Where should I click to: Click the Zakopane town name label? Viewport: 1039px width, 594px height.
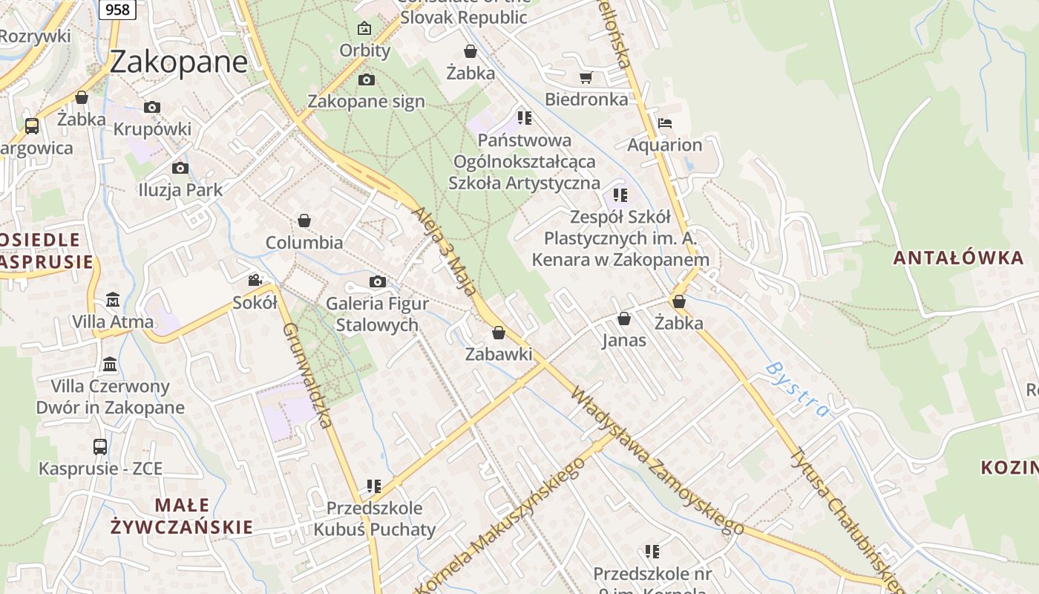coord(178,62)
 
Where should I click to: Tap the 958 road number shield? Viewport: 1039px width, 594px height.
coord(116,9)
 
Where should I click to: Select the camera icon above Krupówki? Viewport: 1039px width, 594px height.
coord(152,108)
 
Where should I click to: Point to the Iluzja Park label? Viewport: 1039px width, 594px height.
coord(180,190)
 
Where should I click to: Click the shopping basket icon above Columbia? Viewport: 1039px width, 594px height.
coord(304,221)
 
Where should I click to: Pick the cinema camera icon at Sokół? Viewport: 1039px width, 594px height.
coord(255,280)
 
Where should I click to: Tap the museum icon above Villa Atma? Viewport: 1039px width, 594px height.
coord(112,300)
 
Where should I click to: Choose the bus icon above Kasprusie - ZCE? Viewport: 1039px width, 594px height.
coord(100,446)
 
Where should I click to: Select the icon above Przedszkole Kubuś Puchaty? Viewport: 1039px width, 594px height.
coord(374,486)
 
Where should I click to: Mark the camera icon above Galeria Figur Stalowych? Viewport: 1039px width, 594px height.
coord(378,281)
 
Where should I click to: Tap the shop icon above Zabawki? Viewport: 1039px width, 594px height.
coord(499,332)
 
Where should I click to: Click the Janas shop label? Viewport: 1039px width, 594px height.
coord(623,341)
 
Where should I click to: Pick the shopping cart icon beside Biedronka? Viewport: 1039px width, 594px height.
coord(586,77)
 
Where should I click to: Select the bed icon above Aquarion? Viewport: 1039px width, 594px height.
coord(664,123)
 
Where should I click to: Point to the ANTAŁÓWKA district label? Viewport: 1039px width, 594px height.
coord(958,258)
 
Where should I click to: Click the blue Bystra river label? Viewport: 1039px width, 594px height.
coord(796,388)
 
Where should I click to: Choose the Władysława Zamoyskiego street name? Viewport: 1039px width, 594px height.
coord(656,460)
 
